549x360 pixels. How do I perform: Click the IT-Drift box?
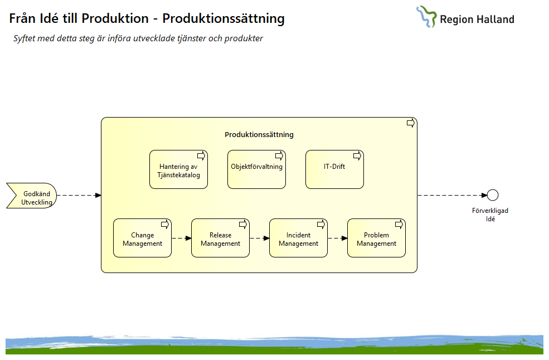(x=334, y=169)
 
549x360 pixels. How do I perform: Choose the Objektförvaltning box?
(x=256, y=169)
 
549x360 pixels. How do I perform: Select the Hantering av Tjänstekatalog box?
(x=178, y=169)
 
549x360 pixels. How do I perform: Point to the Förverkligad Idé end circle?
(x=492, y=195)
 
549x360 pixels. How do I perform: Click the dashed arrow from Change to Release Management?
(x=181, y=238)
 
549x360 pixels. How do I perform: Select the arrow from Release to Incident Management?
(x=259, y=238)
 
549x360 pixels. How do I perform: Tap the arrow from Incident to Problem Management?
(x=337, y=238)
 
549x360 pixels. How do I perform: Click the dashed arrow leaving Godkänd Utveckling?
(x=79, y=195)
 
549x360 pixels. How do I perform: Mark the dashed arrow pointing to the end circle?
(x=451, y=195)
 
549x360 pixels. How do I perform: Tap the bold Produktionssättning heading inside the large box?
(x=259, y=134)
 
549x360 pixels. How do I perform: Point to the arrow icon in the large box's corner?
(x=410, y=123)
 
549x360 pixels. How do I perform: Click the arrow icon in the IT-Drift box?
(x=357, y=155)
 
